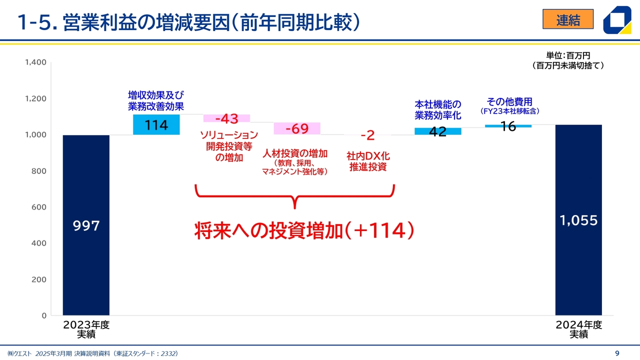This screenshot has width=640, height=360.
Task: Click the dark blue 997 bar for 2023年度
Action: pos(86,225)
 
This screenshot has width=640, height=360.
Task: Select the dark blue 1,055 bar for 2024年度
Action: pos(578,220)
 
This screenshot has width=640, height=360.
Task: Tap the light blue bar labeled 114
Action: pos(156,124)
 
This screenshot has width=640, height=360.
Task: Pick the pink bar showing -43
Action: pos(226,118)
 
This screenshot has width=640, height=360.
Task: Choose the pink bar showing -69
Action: pos(297,128)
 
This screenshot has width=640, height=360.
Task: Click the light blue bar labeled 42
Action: pos(438,131)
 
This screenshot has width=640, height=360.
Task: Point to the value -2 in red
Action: pos(367,135)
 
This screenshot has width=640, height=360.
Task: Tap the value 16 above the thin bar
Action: pos(508,126)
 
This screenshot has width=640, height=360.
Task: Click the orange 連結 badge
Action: pos(568,19)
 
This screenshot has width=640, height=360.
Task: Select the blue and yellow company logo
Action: pos(617,20)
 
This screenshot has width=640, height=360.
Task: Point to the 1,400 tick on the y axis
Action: pos(35,62)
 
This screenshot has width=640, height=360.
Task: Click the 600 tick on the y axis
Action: pos(39,207)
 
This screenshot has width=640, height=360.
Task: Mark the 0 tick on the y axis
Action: pos(44,315)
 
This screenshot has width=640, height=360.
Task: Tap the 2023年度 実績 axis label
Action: pos(86,329)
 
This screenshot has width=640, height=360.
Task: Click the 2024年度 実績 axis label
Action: pos(579,329)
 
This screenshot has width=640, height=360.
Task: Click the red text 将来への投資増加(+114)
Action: pos(304,230)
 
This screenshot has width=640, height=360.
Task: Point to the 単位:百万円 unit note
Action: pos(568,55)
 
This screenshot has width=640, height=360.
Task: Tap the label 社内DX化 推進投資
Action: pos(368,161)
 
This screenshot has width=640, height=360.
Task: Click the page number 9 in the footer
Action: pos(617,353)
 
